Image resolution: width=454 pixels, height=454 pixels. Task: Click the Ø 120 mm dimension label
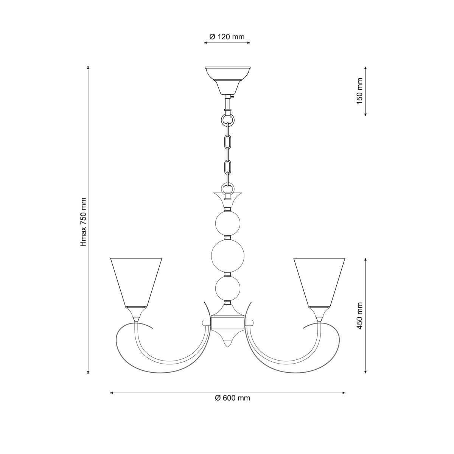coord(227,37)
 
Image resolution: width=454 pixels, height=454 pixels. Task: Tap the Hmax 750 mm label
coord(83,223)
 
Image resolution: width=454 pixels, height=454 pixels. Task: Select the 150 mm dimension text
coord(359,91)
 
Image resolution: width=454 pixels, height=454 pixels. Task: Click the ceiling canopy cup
coord(227,80)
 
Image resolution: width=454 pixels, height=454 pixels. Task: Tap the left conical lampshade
coord(136,283)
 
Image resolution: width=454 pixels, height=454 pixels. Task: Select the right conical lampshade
coord(319,283)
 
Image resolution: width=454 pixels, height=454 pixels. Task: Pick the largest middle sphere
coord(228,256)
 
